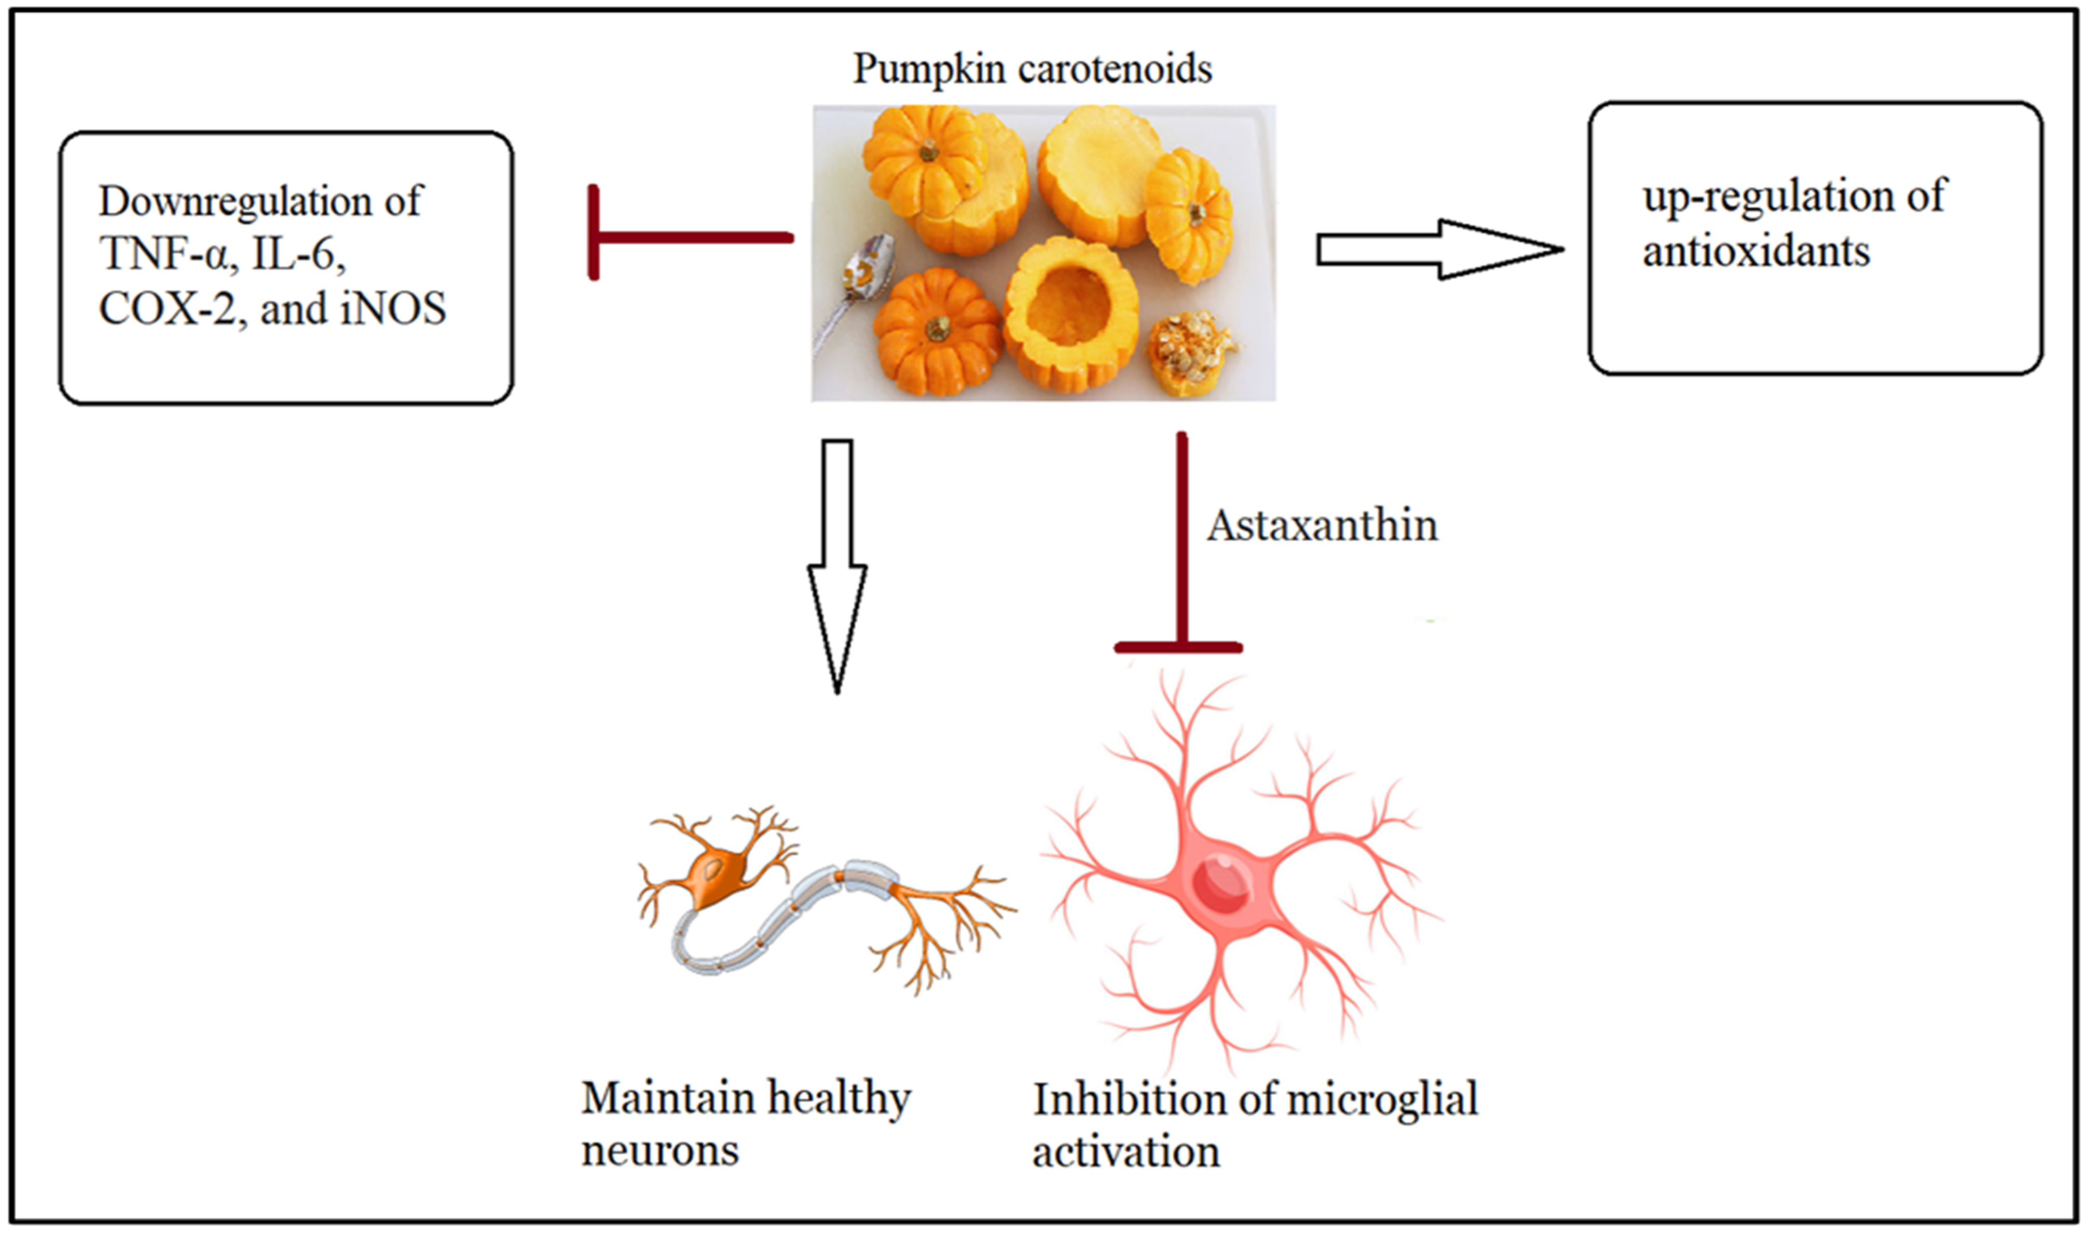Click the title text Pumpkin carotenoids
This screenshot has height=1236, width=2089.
click(x=1033, y=68)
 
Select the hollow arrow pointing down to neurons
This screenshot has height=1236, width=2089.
click(x=837, y=566)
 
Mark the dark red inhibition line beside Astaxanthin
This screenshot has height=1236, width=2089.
click(x=1180, y=541)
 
